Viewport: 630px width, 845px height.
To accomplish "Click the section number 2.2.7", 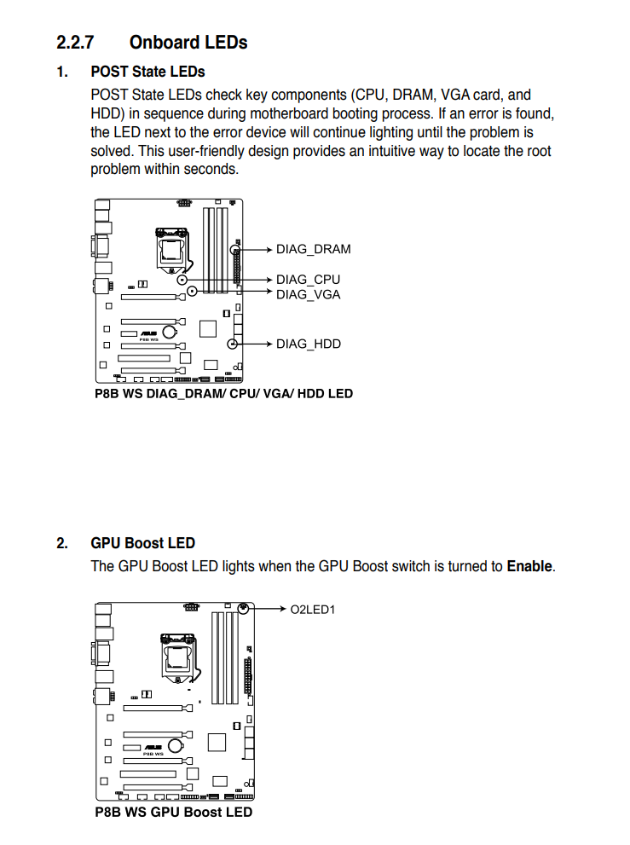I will click(75, 42).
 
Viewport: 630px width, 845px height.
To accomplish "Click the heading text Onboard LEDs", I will click(188, 42).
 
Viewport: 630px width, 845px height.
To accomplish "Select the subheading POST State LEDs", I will click(147, 72).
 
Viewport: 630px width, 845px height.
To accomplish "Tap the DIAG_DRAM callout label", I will click(313, 250).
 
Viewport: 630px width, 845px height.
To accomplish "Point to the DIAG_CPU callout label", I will click(308, 280).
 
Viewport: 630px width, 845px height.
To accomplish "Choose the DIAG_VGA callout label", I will click(308, 295).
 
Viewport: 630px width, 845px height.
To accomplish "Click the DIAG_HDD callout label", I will click(308, 344).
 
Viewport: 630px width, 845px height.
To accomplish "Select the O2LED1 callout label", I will click(313, 610).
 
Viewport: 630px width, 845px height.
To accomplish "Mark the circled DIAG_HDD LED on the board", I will click(233, 344).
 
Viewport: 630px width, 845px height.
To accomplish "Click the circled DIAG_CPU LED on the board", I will click(182, 280).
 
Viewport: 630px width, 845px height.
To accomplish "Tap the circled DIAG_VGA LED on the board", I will click(192, 292).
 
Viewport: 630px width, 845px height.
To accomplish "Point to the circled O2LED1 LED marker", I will click(244, 608).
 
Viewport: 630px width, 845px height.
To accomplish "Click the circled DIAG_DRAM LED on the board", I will click(234, 250).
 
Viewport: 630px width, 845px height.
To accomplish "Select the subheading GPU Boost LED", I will click(142, 543).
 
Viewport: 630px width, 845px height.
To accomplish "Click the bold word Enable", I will click(529, 566).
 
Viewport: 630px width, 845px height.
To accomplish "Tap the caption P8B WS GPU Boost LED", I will click(173, 813).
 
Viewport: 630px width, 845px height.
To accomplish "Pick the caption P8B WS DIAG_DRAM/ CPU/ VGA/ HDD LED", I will click(223, 394).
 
